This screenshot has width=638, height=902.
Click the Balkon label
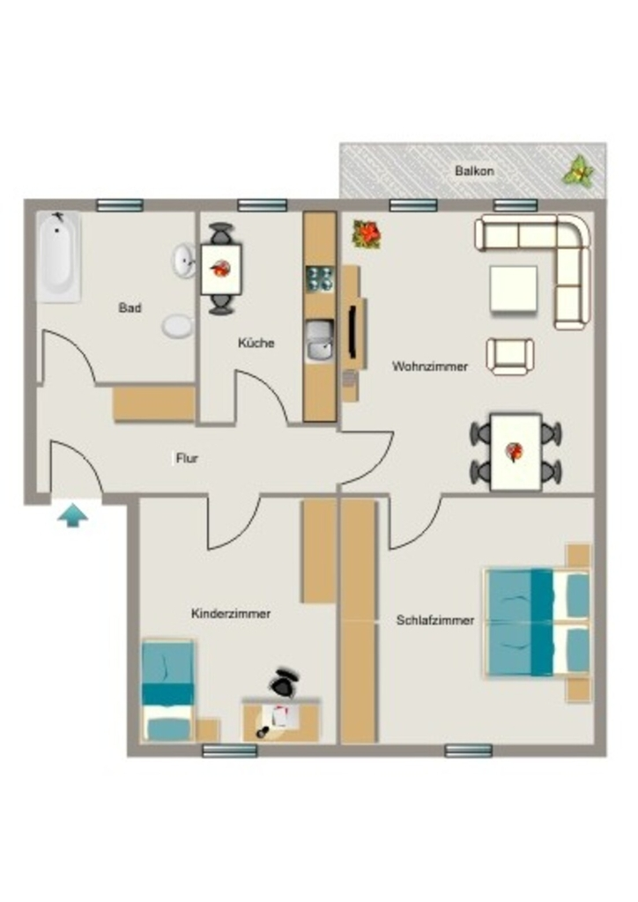pyautogui.click(x=474, y=171)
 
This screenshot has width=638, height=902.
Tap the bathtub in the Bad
pyautogui.click(x=58, y=256)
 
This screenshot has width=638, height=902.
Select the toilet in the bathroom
pyautogui.click(x=177, y=326)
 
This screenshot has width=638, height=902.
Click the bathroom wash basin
pyautogui.click(x=184, y=260)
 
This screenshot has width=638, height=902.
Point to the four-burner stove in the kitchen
pyautogui.click(x=319, y=278)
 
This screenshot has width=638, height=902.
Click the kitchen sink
pyautogui.click(x=320, y=342)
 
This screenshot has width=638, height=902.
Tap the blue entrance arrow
pyautogui.click(x=72, y=515)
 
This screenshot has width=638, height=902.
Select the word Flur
pyautogui.click(x=187, y=458)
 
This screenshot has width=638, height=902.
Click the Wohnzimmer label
pyautogui.click(x=430, y=366)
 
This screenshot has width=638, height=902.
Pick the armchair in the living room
pyautogui.click(x=510, y=356)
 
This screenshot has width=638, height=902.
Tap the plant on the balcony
pyautogui.click(x=578, y=171)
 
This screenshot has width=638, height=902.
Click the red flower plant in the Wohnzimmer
pyautogui.click(x=367, y=234)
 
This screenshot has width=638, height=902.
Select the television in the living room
pyautogui.click(x=352, y=332)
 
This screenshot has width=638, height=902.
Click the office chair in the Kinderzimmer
pyautogui.click(x=283, y=683)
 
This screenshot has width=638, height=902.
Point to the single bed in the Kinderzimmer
pyautogui.click(x=167, y=691)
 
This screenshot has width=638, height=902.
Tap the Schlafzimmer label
pyautogui.click(x=435, y=620)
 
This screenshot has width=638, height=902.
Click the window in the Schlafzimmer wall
pyautogui.click(x=469, y=750)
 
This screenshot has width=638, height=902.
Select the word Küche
pyautogui.click(x=256, y=343)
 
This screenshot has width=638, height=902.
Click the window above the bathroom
pyautogui.click(x=120, y=204)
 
